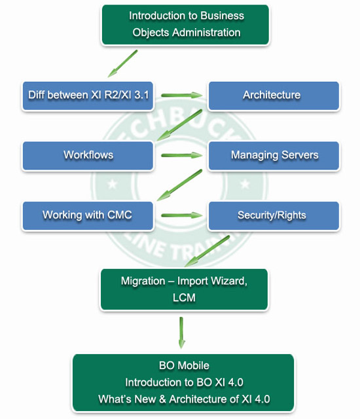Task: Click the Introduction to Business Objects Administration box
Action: pyautogui.click(x=185, y=25)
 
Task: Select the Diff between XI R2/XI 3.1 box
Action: pyautogui.click(x=88, y=96)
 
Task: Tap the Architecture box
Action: pyautogui.click(x=274, y=96)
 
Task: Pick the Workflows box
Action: pyautogui.click(x=88, y=156)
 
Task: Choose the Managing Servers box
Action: pyautogui.click(x=274, y=156)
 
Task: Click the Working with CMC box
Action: pyautogui.click(x=88, y=215)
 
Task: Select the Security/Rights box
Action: pyautogui.click(x=274, y=215)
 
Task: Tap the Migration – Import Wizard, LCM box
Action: pyautogui.click(x=185, y=289)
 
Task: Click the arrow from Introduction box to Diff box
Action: pyautogui.click(x=122, y=64)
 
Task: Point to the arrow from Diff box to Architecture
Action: pyautogui.click(x=181, y=95)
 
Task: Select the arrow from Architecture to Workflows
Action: pyautogui.click(x=179, y=125)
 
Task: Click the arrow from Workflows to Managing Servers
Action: pyautogui.click(x=181, y=155)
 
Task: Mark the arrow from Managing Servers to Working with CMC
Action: pyautogui.click(x=179, y=185)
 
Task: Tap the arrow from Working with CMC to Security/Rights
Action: pyautogui.click(x=181, y=215)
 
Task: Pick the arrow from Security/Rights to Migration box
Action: pyautogui.click(x=207, y=251)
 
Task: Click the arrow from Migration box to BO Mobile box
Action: pyautogui.click(x=181, y=333)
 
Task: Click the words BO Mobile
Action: pyautogui.click(x=184, y=365)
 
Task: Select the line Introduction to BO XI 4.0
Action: pyautogui.click(x=184, y=382)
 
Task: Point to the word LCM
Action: pyautogui.click(x=184, y=297)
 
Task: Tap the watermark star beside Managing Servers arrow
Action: pyautogui.click(x=245, y=184)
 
